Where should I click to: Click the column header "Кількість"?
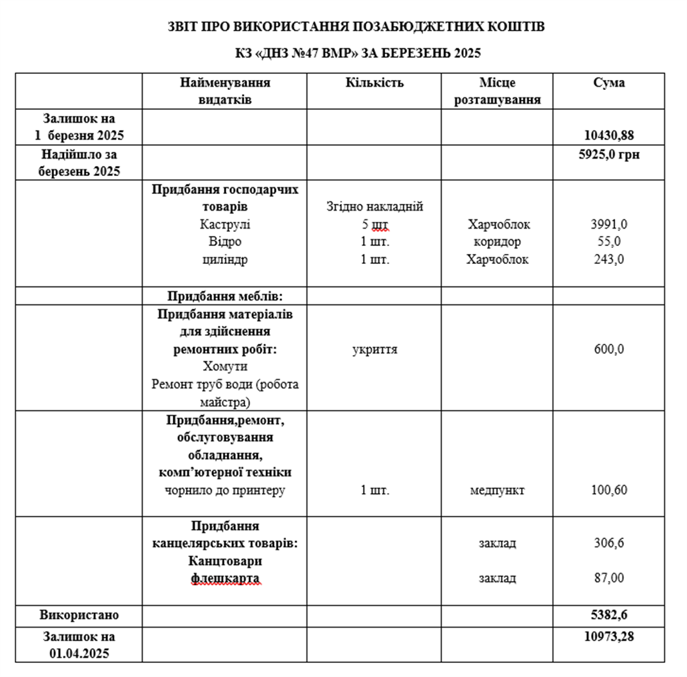[374, 83]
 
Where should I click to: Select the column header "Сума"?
[608, 83]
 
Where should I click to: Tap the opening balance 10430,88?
[608, 135]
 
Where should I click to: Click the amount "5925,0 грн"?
[608, 154]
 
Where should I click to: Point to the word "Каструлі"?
[225, 225]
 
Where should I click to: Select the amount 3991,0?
[608, 225]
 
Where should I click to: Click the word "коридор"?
[497, 242]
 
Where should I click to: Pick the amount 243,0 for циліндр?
[608, 259]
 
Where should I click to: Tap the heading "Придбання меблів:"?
[225, 296]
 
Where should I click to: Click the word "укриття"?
[374, 349]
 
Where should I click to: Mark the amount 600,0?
[608, 349]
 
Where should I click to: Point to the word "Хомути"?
[225, 366]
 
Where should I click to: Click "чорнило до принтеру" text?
[225, 490]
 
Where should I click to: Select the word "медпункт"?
[497, 490]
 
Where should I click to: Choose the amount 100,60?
[608, 490]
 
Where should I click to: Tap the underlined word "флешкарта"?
[225, 578]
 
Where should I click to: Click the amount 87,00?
[608, 578]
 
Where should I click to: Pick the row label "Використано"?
[79, 614]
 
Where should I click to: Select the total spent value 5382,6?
[608, 614]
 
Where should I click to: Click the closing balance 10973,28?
[608, 636]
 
